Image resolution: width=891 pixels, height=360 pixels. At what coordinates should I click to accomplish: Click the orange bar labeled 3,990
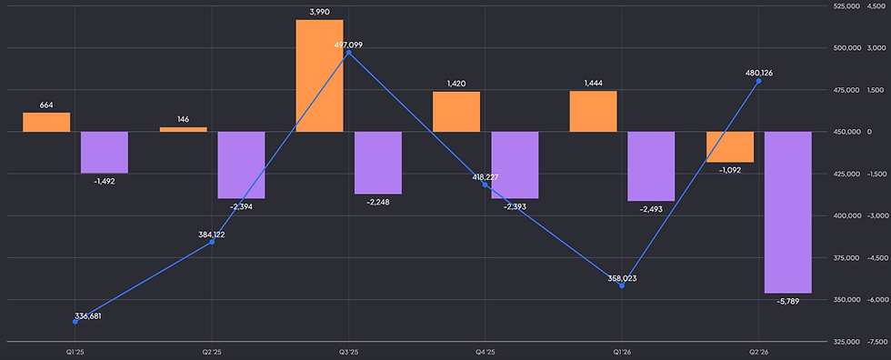(x=319, y=76)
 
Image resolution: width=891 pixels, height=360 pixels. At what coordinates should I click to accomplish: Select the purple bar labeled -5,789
(x=787, y=213)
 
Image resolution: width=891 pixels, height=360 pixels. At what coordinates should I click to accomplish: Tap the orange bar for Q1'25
(x=46, y=122)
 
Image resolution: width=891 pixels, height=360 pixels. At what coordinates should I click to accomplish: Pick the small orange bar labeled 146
(x=183, y=129)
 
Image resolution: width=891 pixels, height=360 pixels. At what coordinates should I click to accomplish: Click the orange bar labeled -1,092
(x=729, y=147)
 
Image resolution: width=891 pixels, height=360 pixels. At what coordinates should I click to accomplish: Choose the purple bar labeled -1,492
(x=105, y=152)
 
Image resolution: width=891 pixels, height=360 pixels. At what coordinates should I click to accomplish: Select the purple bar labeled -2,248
(x=378, y=163)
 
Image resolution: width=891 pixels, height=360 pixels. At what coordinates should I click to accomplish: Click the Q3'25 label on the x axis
(x=349, y=352)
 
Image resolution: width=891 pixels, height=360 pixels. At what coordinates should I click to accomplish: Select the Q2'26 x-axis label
(x=758, y=352)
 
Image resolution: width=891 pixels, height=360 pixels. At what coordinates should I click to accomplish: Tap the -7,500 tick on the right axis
(x=876, y=342)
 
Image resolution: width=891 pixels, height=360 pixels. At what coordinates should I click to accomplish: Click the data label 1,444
(x=593, y=84)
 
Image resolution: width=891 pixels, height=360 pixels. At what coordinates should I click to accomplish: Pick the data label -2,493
(x=651, y=209)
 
